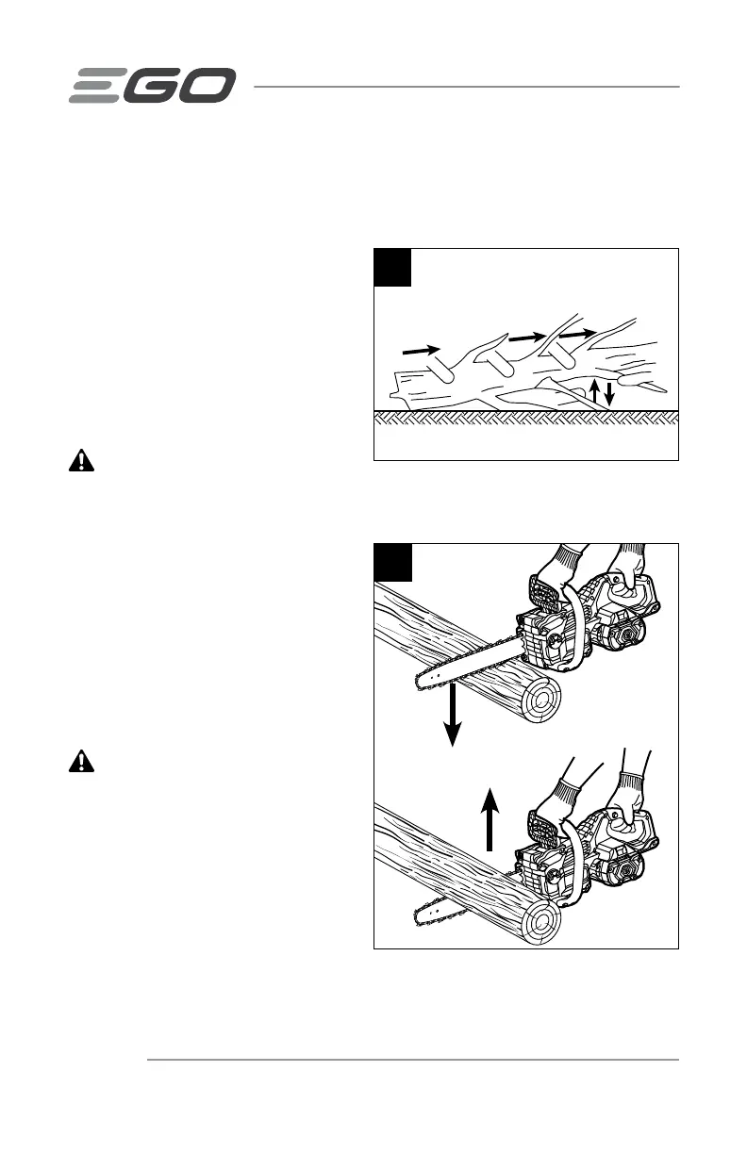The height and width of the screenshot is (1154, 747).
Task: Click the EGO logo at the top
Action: click(151, 86)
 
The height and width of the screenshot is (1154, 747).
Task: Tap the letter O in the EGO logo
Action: click(207, 86)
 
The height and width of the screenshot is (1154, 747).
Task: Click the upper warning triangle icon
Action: click(84, 460)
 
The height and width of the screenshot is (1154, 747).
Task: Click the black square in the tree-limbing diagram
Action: click(393, 267)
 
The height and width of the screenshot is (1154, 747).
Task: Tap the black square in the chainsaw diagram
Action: click(393, 562)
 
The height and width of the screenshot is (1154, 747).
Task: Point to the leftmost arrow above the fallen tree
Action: click(421, 350)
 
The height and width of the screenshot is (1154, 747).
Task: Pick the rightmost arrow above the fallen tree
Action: click(577, 333)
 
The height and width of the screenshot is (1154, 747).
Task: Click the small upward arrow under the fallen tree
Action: click(593, 392)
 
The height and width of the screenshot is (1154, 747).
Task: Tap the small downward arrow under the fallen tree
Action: click(609, 392)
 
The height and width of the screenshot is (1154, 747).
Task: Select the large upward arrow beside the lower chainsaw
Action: click(489, 819)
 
